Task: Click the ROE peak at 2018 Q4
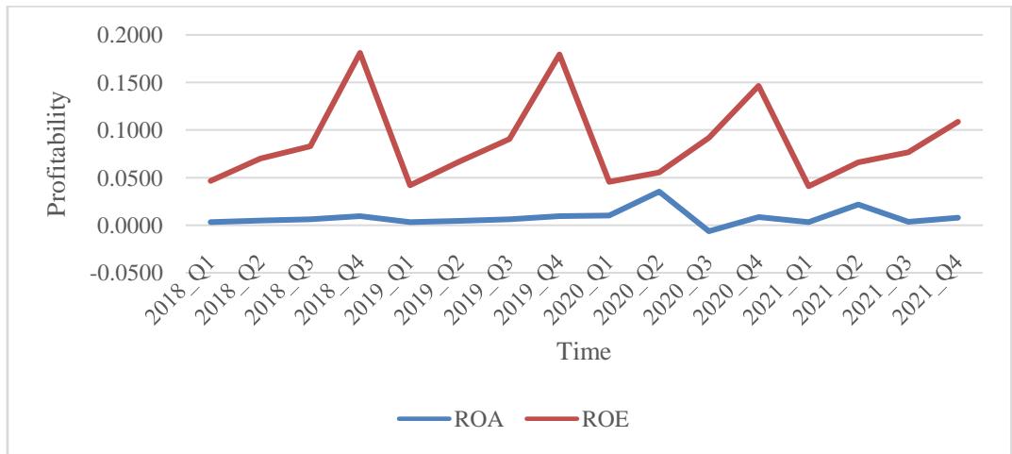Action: click(x=359, y=53)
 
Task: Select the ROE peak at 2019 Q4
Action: click(x=559, y=55)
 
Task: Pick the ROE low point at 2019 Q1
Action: click(x=409, y=185)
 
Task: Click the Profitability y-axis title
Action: click(x=60, y=154)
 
